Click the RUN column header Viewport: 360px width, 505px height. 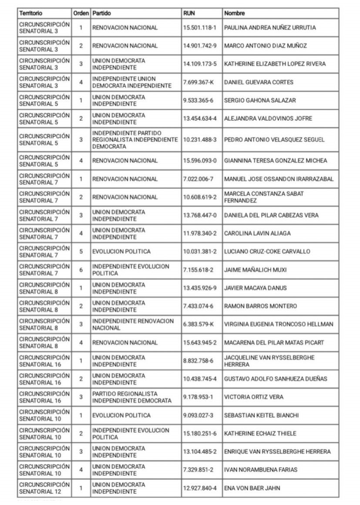pyautogui.click(x=189, y=14)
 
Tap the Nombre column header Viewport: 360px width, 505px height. pyautogui.click(x=235, y=14)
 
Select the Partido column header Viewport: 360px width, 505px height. pyautogui.click(x=101, y=14)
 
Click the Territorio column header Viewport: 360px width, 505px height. pyautogui.click(x=31, y=14)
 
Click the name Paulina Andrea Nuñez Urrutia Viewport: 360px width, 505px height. pyautogui.click(x=270, y=27)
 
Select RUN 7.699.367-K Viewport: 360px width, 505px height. pyautogui.click(x=199, y=82)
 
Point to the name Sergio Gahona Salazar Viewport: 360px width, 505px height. pyautogui.click(x=260, y=100)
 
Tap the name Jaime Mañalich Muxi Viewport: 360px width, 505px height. pyautogui.click(x=255, y=270)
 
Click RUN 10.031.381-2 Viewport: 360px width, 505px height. pyautogui.click(x=199, y=251)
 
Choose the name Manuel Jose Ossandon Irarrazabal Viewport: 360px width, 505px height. pyautogui.click(x=279, y=179)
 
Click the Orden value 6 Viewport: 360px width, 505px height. pyautogui.click(x=81, y=270)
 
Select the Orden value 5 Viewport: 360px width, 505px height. pyautogui.click(x=81, y=251)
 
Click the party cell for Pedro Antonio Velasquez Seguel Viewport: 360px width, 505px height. pyautogui.click(x=135, y=139)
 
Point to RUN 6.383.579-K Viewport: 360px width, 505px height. pyautogui.click(x=199, y=324)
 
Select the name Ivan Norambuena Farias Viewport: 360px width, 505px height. pyautogui.click(x=261, y=470)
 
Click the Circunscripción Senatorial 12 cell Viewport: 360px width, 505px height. pyautogui.click(x=44, y=488)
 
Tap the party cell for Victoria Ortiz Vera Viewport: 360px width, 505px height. pyautogui.click(x=131, y=397)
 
